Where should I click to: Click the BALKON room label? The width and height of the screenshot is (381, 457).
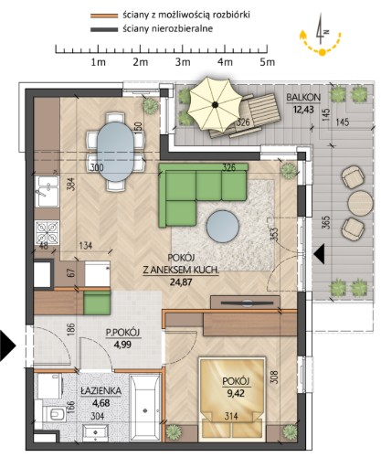303,98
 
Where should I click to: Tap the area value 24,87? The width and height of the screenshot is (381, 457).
181,282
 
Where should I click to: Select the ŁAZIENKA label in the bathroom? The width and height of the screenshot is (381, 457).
101,391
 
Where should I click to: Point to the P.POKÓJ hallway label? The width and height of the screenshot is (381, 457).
122,333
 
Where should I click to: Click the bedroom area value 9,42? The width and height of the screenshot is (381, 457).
236,393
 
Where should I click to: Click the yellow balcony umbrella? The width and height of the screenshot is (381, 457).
215,104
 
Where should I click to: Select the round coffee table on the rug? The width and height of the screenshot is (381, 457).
222,227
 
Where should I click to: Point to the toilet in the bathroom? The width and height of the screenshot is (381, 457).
55,414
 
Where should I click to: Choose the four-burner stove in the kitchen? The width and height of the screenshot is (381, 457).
47,232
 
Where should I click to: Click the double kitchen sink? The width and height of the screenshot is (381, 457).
47,191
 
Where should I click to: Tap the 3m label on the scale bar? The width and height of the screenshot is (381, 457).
183,62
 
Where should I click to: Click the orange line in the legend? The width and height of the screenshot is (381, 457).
104,16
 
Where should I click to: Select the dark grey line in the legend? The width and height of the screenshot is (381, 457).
104,29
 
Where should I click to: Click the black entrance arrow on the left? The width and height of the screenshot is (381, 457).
7,345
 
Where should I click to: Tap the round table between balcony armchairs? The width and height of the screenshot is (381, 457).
360,203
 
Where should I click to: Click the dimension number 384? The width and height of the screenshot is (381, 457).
70,185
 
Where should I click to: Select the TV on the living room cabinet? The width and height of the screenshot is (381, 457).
246,303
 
